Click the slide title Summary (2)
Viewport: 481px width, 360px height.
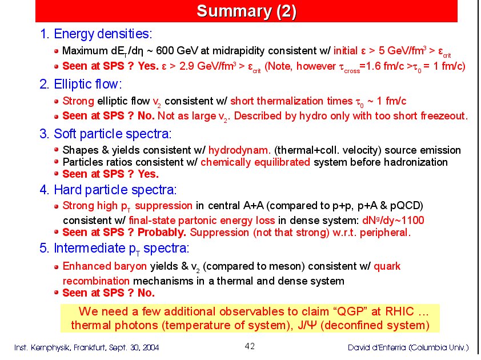[x=246, y=11]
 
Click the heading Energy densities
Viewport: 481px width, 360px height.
[x=103, y=34]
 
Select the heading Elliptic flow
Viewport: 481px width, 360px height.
[x=88, y=84]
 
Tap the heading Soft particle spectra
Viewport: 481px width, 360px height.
[x=113, y=134]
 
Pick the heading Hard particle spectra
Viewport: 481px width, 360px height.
[x=115, y=190]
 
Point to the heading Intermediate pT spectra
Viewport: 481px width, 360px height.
[x=122, y=249]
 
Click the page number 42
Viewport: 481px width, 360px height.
[x=250, y=346]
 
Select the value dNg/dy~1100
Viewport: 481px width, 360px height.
[x=393, y=221]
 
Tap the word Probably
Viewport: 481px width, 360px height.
[x=162, y=233]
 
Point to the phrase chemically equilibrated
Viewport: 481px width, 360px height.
[x=255, y=162]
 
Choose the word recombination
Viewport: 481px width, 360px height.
[x=96, y=281]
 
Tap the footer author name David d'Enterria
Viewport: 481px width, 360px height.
[x=377, y=347]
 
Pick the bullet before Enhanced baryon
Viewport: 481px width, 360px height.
[x=56, y=267]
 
